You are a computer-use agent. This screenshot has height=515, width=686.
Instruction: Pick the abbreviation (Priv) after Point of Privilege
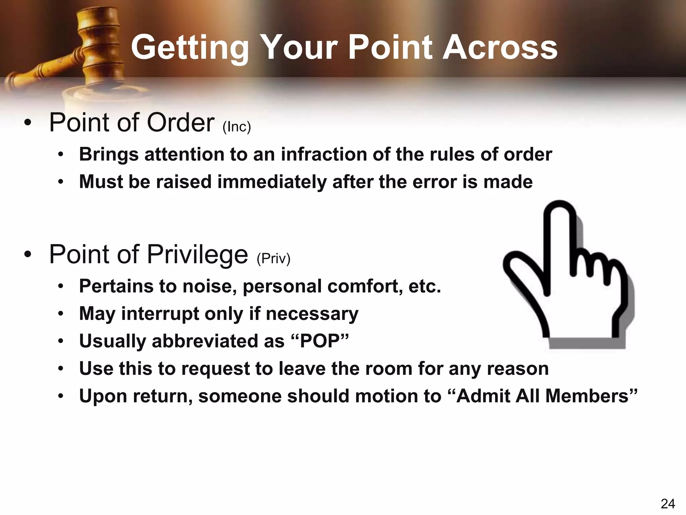[273, 259]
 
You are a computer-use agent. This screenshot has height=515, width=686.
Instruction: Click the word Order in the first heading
[181, 122]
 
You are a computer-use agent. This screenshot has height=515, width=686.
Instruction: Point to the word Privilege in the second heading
[198, 255]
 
